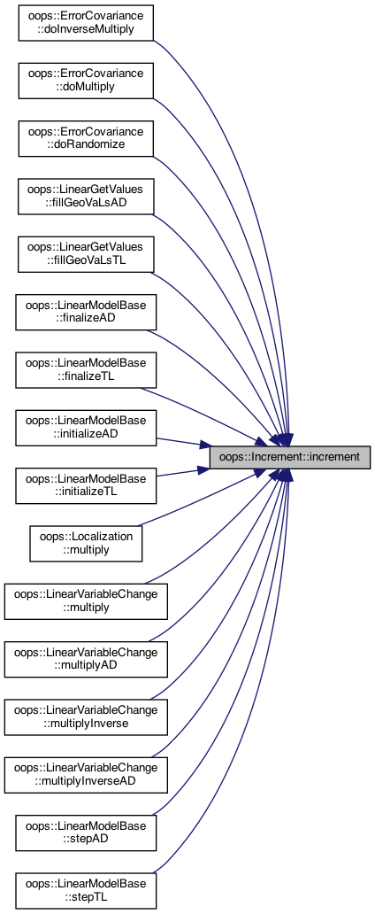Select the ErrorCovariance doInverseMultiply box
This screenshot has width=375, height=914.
(86, 23)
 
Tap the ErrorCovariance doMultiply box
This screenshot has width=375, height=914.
(86, 81)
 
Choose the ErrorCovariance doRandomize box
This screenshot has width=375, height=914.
(86, 138)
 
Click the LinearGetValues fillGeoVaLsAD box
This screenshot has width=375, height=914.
(86, 197)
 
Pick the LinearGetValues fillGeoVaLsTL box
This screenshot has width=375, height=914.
(86, 254)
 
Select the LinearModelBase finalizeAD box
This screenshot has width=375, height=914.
(86, 312)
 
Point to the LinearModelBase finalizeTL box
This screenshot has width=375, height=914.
(86, 370)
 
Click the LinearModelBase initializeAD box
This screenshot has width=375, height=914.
(86, 428)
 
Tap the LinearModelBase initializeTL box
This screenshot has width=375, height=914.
(86, 485)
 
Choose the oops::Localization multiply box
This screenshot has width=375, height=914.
(86, 544)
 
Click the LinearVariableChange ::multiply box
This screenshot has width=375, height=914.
(86, 601)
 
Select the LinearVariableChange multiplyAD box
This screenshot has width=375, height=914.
(86, 659)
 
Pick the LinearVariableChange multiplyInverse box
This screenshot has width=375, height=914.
(86, 717)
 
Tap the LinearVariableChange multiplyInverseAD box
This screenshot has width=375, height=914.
(86, 775)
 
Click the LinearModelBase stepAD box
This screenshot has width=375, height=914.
(86, 833)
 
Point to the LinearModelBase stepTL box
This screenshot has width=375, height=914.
(86, 891)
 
